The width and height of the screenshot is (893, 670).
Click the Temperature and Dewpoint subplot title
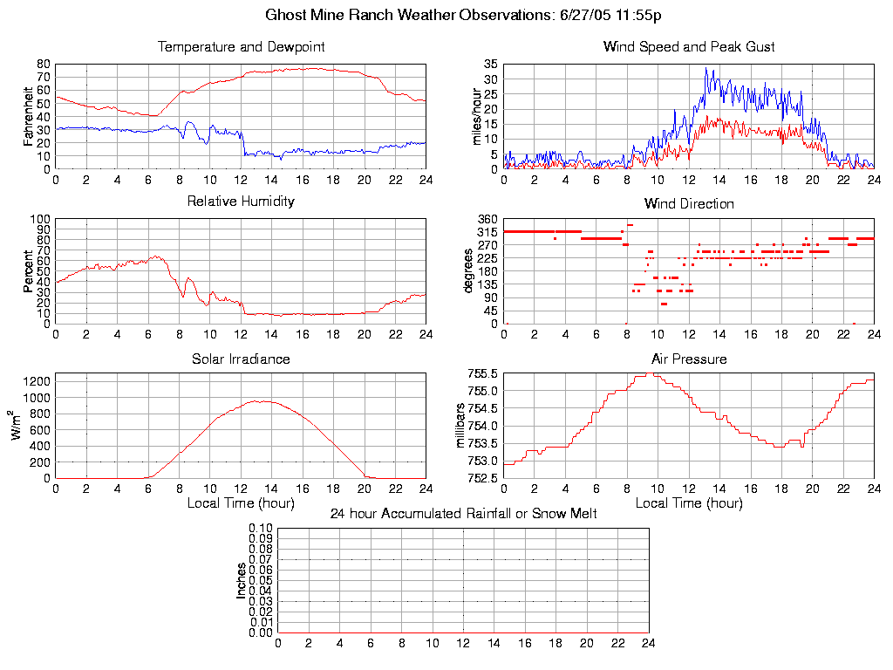(x=241, y=46)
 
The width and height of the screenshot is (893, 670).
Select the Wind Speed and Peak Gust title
(x=688, y=46)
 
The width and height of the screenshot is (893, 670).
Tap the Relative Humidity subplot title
(x=241, y=202)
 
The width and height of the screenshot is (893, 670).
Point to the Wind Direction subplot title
(x=688, y=204)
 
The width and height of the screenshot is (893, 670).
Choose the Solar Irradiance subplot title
(x=241, y=359)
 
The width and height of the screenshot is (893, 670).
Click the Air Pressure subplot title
(x=688, y=359)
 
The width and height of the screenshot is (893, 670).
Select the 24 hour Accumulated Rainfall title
(x=463, y=514)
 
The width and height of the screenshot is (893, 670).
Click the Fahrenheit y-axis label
(x=29, y=116)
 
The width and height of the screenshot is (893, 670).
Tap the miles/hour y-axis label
(x=476, y=116)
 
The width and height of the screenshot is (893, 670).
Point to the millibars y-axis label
(x=462, y=425)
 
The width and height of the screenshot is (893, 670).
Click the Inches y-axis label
(x=241, y=580)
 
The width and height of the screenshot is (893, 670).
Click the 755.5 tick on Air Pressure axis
(x=482, y=373)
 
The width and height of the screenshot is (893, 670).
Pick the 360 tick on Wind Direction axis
(x=487, y=219)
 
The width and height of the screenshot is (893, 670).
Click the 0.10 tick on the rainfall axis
(x=261, y=529)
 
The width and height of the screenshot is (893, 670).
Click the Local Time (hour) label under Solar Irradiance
(x=241, y=502)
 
